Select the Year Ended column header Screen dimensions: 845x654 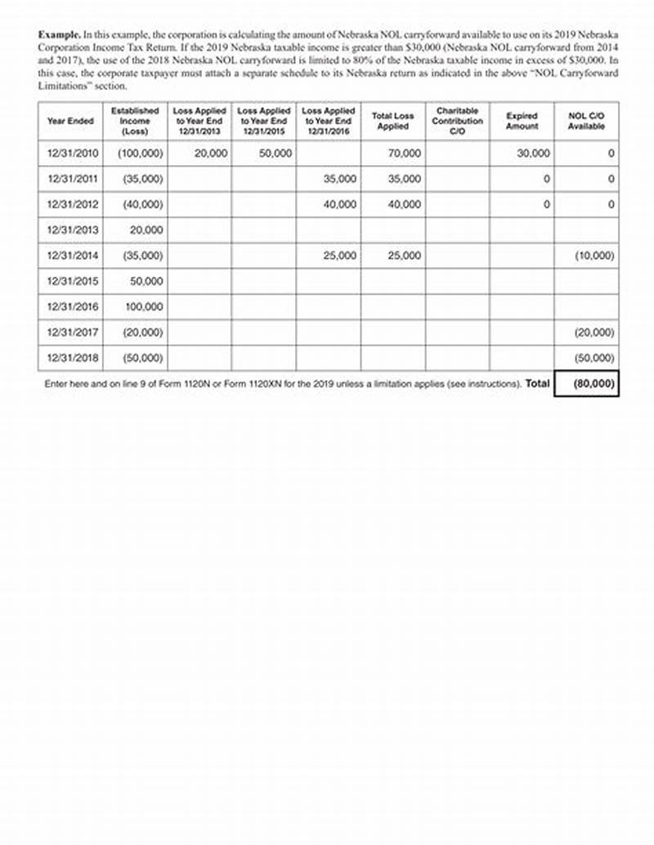[x=70, y=121]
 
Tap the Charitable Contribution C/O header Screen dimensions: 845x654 [x=457, y=120]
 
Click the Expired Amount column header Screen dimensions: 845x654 [x=522, y=121]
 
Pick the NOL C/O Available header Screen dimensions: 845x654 [x=585, y=121]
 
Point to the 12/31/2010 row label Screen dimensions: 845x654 [x=73, y=154]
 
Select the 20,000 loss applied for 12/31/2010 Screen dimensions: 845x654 [x=211, y=154]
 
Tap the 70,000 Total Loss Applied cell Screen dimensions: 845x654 [x=405, y=154]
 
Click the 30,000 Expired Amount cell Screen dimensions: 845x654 [x=533, y=154]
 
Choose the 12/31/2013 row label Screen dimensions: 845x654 [x=73, y=230]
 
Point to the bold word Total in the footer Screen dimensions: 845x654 [x=537, y=383]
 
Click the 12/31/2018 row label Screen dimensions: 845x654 [x=73, y=357]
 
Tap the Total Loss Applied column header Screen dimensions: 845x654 [x=392, y=121]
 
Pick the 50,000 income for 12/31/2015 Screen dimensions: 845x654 [x=147, y=281]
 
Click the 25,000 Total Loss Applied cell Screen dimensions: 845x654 [x=405, y=256]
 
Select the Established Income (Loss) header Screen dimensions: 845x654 [x=135, y=120]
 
